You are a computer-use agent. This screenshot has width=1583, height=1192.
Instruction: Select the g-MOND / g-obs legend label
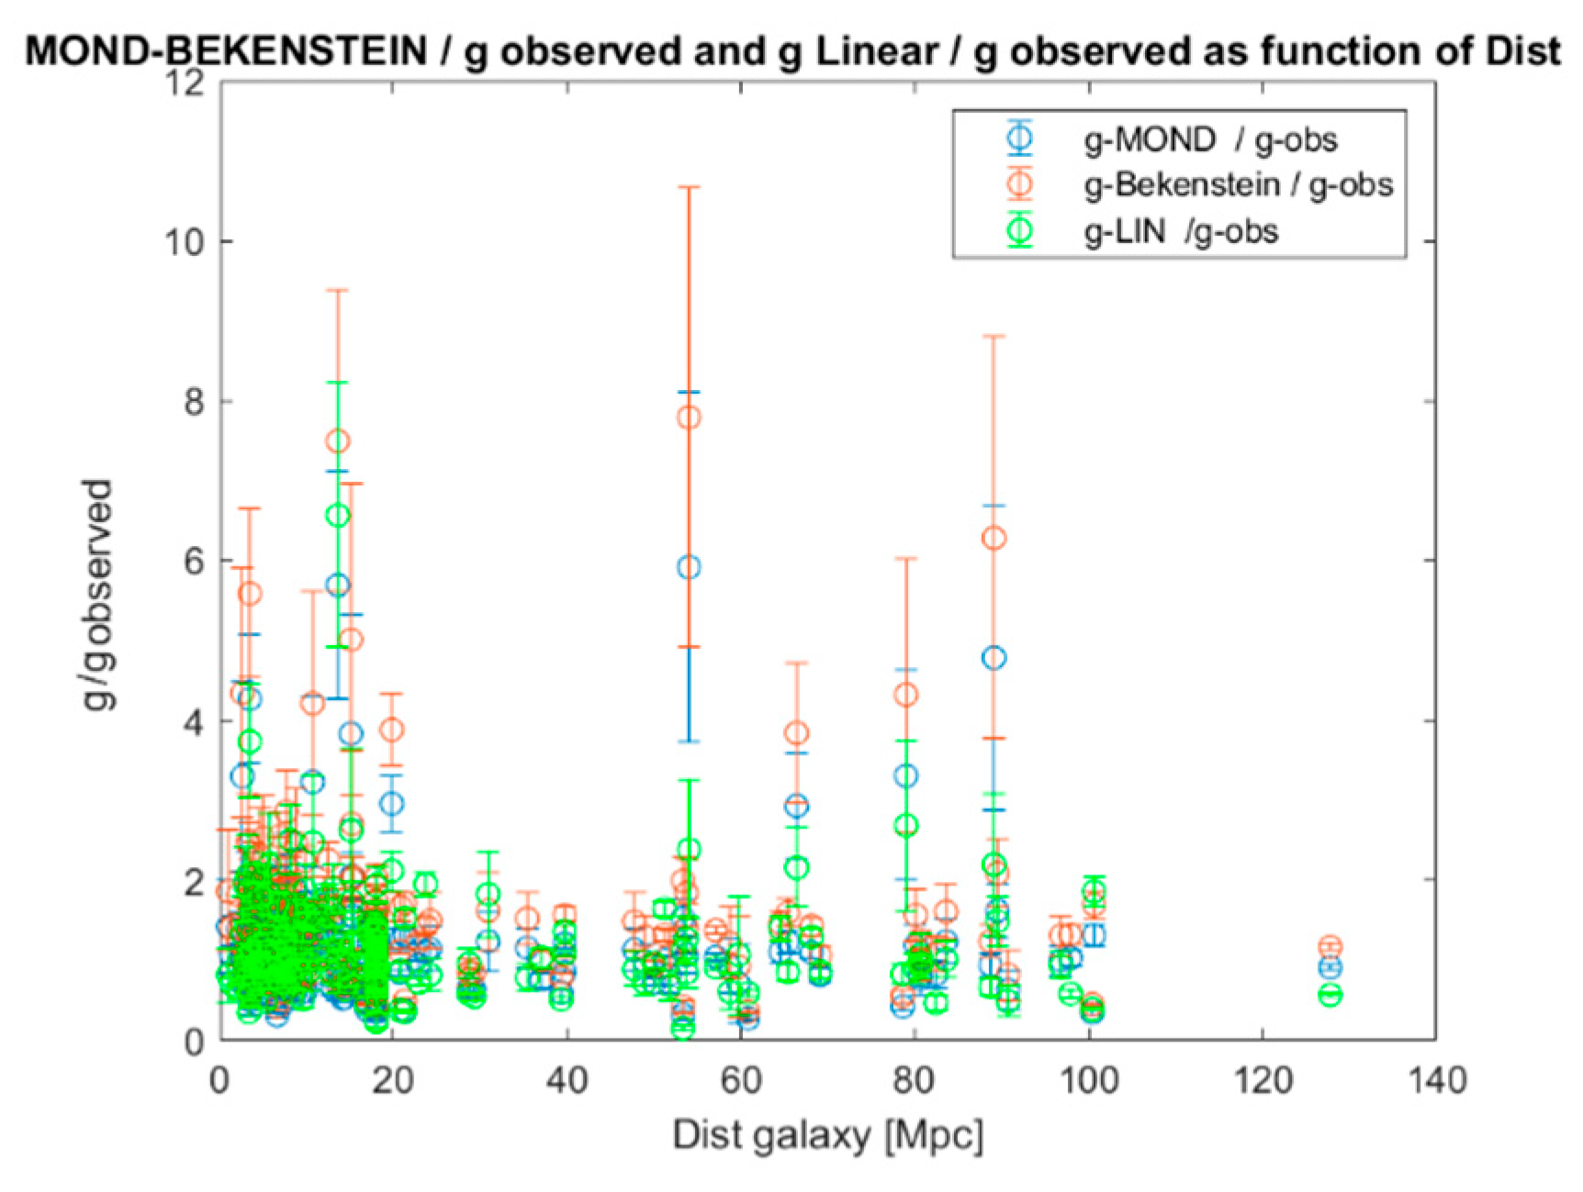pos(1210,140)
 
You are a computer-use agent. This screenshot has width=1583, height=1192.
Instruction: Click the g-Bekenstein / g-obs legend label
pos(1238,185)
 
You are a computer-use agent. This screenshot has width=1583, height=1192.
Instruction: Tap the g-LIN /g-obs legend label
pos(1181,231)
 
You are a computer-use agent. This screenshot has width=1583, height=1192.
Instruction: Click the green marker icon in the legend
pos(1020,230)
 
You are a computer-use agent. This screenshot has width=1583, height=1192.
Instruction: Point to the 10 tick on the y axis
pos(184,242)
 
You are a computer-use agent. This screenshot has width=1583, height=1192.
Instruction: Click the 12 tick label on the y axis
pos(184,83)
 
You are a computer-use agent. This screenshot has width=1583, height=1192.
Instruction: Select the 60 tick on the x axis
pos(740,1080)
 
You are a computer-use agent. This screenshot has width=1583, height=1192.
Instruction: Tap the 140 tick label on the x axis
pos(1436,1080)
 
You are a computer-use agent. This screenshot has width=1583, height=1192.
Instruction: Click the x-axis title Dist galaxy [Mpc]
pos(827,1136)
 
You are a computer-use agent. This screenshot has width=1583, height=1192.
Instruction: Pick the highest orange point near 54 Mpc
pos(689,418)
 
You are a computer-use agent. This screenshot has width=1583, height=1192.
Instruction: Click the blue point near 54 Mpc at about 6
pos(689,567)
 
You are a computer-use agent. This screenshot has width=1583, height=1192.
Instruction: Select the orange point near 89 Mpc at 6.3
pos(994,538)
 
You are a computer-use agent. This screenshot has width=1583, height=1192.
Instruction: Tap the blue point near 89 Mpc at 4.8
pos(994,658)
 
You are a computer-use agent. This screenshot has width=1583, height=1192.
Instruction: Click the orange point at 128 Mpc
pos(1330,946)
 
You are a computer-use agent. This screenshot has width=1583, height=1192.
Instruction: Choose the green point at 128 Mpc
pos(1330,995)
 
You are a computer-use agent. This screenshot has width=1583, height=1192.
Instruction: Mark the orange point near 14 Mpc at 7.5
pos(338,441)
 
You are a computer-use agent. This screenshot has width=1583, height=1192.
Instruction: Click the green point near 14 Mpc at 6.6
pos(338,516)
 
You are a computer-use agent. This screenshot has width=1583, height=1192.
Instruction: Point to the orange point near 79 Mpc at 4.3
pos(906,695)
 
